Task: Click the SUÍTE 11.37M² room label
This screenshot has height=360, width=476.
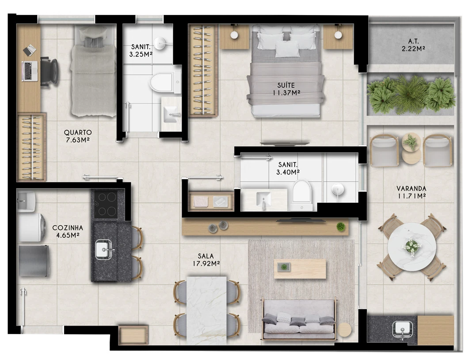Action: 286,89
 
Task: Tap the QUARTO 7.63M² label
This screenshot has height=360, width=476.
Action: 78,136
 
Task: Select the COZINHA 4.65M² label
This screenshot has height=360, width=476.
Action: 67,231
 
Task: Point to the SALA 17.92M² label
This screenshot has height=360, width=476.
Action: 206,260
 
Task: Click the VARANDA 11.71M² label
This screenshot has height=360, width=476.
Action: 411,192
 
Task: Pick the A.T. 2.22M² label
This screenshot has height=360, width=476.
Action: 413,45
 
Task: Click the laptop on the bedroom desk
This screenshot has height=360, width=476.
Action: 30,71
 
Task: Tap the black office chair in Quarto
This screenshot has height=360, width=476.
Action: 49,72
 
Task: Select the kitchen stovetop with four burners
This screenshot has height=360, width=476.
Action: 106,204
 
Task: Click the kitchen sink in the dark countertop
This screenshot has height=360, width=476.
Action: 104,249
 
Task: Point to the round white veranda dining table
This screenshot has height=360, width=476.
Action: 411,246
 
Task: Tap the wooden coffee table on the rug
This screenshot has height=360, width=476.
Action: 300,269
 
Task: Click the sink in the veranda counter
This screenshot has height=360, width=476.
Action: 402,330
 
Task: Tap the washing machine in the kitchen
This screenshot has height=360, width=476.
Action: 31,227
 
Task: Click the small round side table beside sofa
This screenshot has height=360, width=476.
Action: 344,330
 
